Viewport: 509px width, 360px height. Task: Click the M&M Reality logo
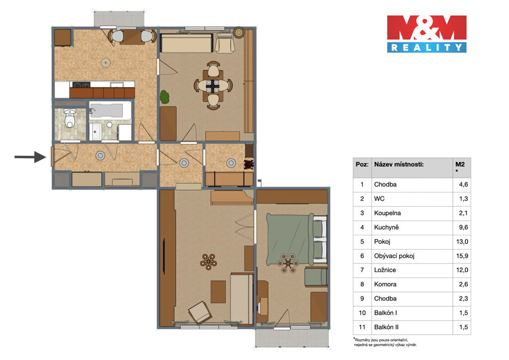point(426,34)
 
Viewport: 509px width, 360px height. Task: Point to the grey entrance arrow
point(30,157)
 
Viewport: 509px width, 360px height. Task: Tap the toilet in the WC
point(70,118)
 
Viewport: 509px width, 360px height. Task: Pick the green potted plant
point(165,97)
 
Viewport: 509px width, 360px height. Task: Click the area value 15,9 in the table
point(462,256)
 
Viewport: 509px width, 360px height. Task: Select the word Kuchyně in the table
point(386,227)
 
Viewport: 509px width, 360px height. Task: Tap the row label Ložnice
point(385,270)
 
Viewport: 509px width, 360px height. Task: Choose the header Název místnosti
point(399,164)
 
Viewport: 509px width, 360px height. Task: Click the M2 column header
point(460,164)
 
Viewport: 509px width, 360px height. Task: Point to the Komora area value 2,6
point(464,284)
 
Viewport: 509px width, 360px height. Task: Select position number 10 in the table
point(362,313)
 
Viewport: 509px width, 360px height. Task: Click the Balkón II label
point(386,327)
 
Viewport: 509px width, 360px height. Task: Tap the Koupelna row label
point(388,213)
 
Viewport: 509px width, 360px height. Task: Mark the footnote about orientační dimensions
point(385,342)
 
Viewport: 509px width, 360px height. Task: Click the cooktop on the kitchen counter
point(81,85)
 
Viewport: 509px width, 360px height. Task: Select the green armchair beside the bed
point(316,277)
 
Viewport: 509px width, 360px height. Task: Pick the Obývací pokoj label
point(394,256)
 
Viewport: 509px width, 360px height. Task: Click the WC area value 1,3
point(464,199)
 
